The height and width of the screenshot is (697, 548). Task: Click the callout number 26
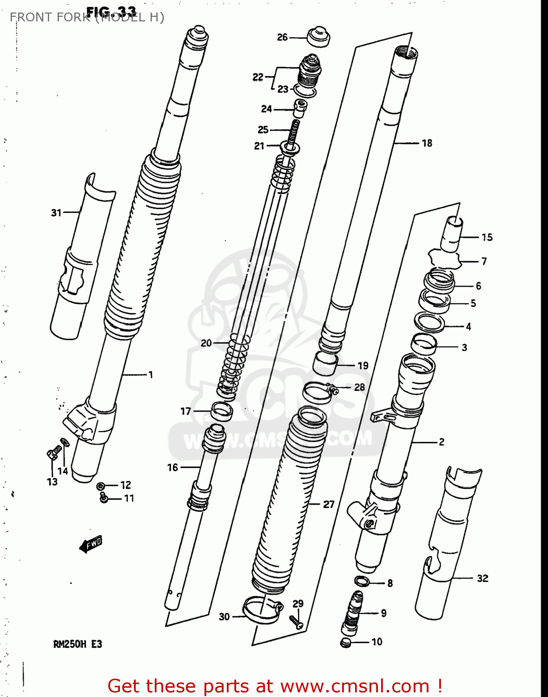(282, 37)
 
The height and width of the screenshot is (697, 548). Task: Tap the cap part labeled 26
(318, 36)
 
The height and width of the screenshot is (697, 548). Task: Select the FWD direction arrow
(91, 544)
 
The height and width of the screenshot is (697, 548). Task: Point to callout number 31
(56, 213)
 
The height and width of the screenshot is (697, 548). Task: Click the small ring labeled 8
(362, 581)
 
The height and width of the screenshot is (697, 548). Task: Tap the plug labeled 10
(345, 643)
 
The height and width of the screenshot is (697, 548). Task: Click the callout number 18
(427, 143)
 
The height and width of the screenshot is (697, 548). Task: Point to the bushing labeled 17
(222, 411)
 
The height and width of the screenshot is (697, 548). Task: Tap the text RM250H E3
(77, 644)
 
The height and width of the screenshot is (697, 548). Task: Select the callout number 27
(329, 504)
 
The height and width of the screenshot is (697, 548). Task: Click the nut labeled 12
(100, 486)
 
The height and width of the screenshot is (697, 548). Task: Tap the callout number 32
(482, 578)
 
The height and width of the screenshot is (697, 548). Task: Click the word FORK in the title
(73, 17)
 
